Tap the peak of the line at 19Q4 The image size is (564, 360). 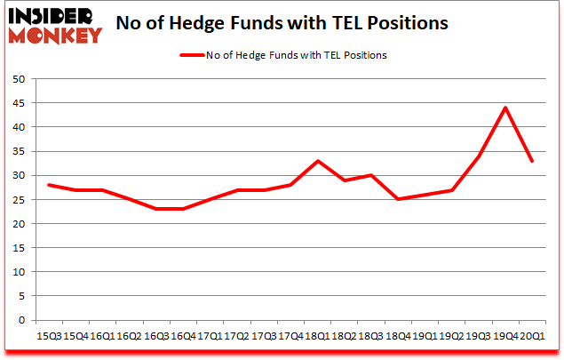tap(504, 108)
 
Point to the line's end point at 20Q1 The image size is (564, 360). tap(531, 161)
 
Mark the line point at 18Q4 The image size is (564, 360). tap(399, 199)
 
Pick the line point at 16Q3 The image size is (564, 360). tap(156, 209)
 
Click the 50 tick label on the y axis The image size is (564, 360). tap(18, 79)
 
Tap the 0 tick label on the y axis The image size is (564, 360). tap(21, 321)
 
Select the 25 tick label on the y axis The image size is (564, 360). tap(18, 200)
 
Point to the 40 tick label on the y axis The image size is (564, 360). tap(18, 127)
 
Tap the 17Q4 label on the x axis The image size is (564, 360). tap(290, 337)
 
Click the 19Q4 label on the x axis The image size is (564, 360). tap(504, 337)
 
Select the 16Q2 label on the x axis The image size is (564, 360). tap(130, 337)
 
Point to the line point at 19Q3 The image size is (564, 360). tap(478, 156)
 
